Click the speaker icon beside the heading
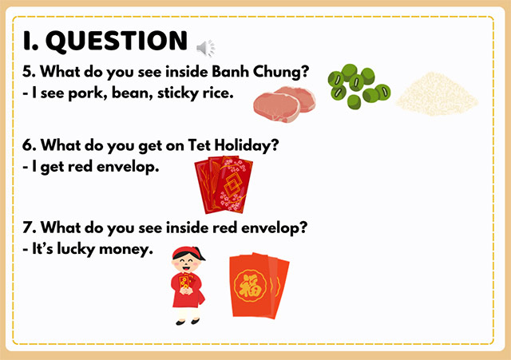pos(206,49)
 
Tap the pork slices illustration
pos(284,102)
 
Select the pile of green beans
pos(357,85)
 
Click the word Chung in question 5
pos(283,72)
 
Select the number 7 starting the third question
pos(27,228)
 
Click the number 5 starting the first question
pos(27,72)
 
